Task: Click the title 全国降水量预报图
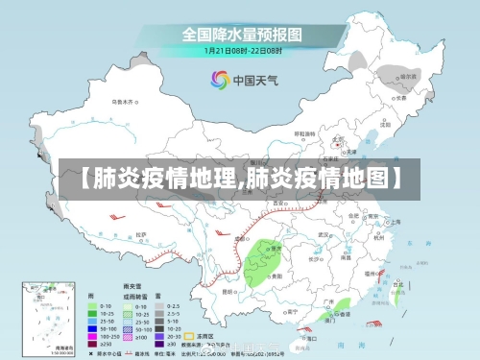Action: pos(240,34)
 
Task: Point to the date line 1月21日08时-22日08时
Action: pos(240,51)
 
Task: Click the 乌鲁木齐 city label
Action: pos(123,100)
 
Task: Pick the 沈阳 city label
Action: pos(386,123)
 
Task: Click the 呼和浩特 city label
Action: pos(303,134)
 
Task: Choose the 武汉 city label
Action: pos(325,233)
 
